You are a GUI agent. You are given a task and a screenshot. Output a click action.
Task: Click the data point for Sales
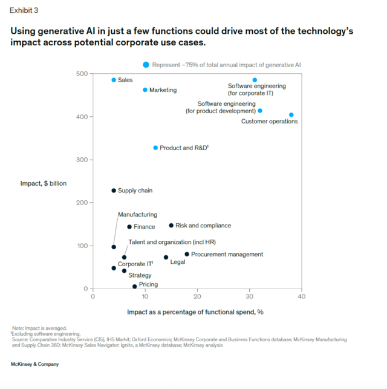pos(114,80)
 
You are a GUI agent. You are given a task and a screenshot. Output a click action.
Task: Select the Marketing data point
pos(145,90)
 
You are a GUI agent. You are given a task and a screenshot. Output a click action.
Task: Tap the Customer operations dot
pos(291,114)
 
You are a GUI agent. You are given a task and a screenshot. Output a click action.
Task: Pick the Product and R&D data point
pos(155,148)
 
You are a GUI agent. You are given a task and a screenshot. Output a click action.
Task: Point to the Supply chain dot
pos(114,191)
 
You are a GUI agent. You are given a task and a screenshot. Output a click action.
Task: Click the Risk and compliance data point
pos(171,226)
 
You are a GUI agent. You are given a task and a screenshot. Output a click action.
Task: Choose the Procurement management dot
pos(187,254)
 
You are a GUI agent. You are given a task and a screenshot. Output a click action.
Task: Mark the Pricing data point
pos(134,286)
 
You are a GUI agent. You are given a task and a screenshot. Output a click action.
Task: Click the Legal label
pos(178,262)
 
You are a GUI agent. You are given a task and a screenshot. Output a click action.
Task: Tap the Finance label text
pos(145,227)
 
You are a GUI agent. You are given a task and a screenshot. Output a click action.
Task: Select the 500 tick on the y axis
pos(82,73)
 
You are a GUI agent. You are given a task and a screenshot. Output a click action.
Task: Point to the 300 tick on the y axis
pos(82,160)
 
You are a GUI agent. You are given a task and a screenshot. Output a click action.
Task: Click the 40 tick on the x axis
pos(302,296)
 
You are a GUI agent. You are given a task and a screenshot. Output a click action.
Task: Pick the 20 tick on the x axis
pos(197,296)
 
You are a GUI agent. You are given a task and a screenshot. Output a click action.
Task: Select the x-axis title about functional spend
pos(195,312)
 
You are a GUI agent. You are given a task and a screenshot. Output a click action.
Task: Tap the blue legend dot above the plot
pos(146,65)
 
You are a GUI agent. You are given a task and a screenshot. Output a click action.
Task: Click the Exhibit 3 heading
pos(23,11)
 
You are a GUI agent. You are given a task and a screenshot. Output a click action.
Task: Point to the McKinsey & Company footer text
pos(34,364)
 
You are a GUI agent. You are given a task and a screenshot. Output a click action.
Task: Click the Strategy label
pos(140,275)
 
